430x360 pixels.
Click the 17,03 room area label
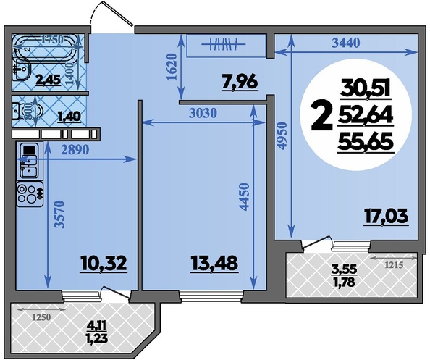click(386, 216)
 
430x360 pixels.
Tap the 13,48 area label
click(214, 264)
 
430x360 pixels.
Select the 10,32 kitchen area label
click(104, 264)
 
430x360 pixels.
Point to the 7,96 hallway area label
click(240, 82)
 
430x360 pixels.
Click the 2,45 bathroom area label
click(49, 80)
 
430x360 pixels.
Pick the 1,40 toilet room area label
click(69, 117)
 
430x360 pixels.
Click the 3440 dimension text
click(345, 43)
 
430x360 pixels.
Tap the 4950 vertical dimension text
click(282, 136)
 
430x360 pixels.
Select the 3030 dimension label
click(203, 113)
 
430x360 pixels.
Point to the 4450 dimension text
click(244, 197)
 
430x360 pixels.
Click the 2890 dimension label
click(75, 150)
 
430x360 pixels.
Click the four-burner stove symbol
click(30, 194)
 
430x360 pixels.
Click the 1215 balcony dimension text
click(393, 265)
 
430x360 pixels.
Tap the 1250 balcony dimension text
click(42, 317)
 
